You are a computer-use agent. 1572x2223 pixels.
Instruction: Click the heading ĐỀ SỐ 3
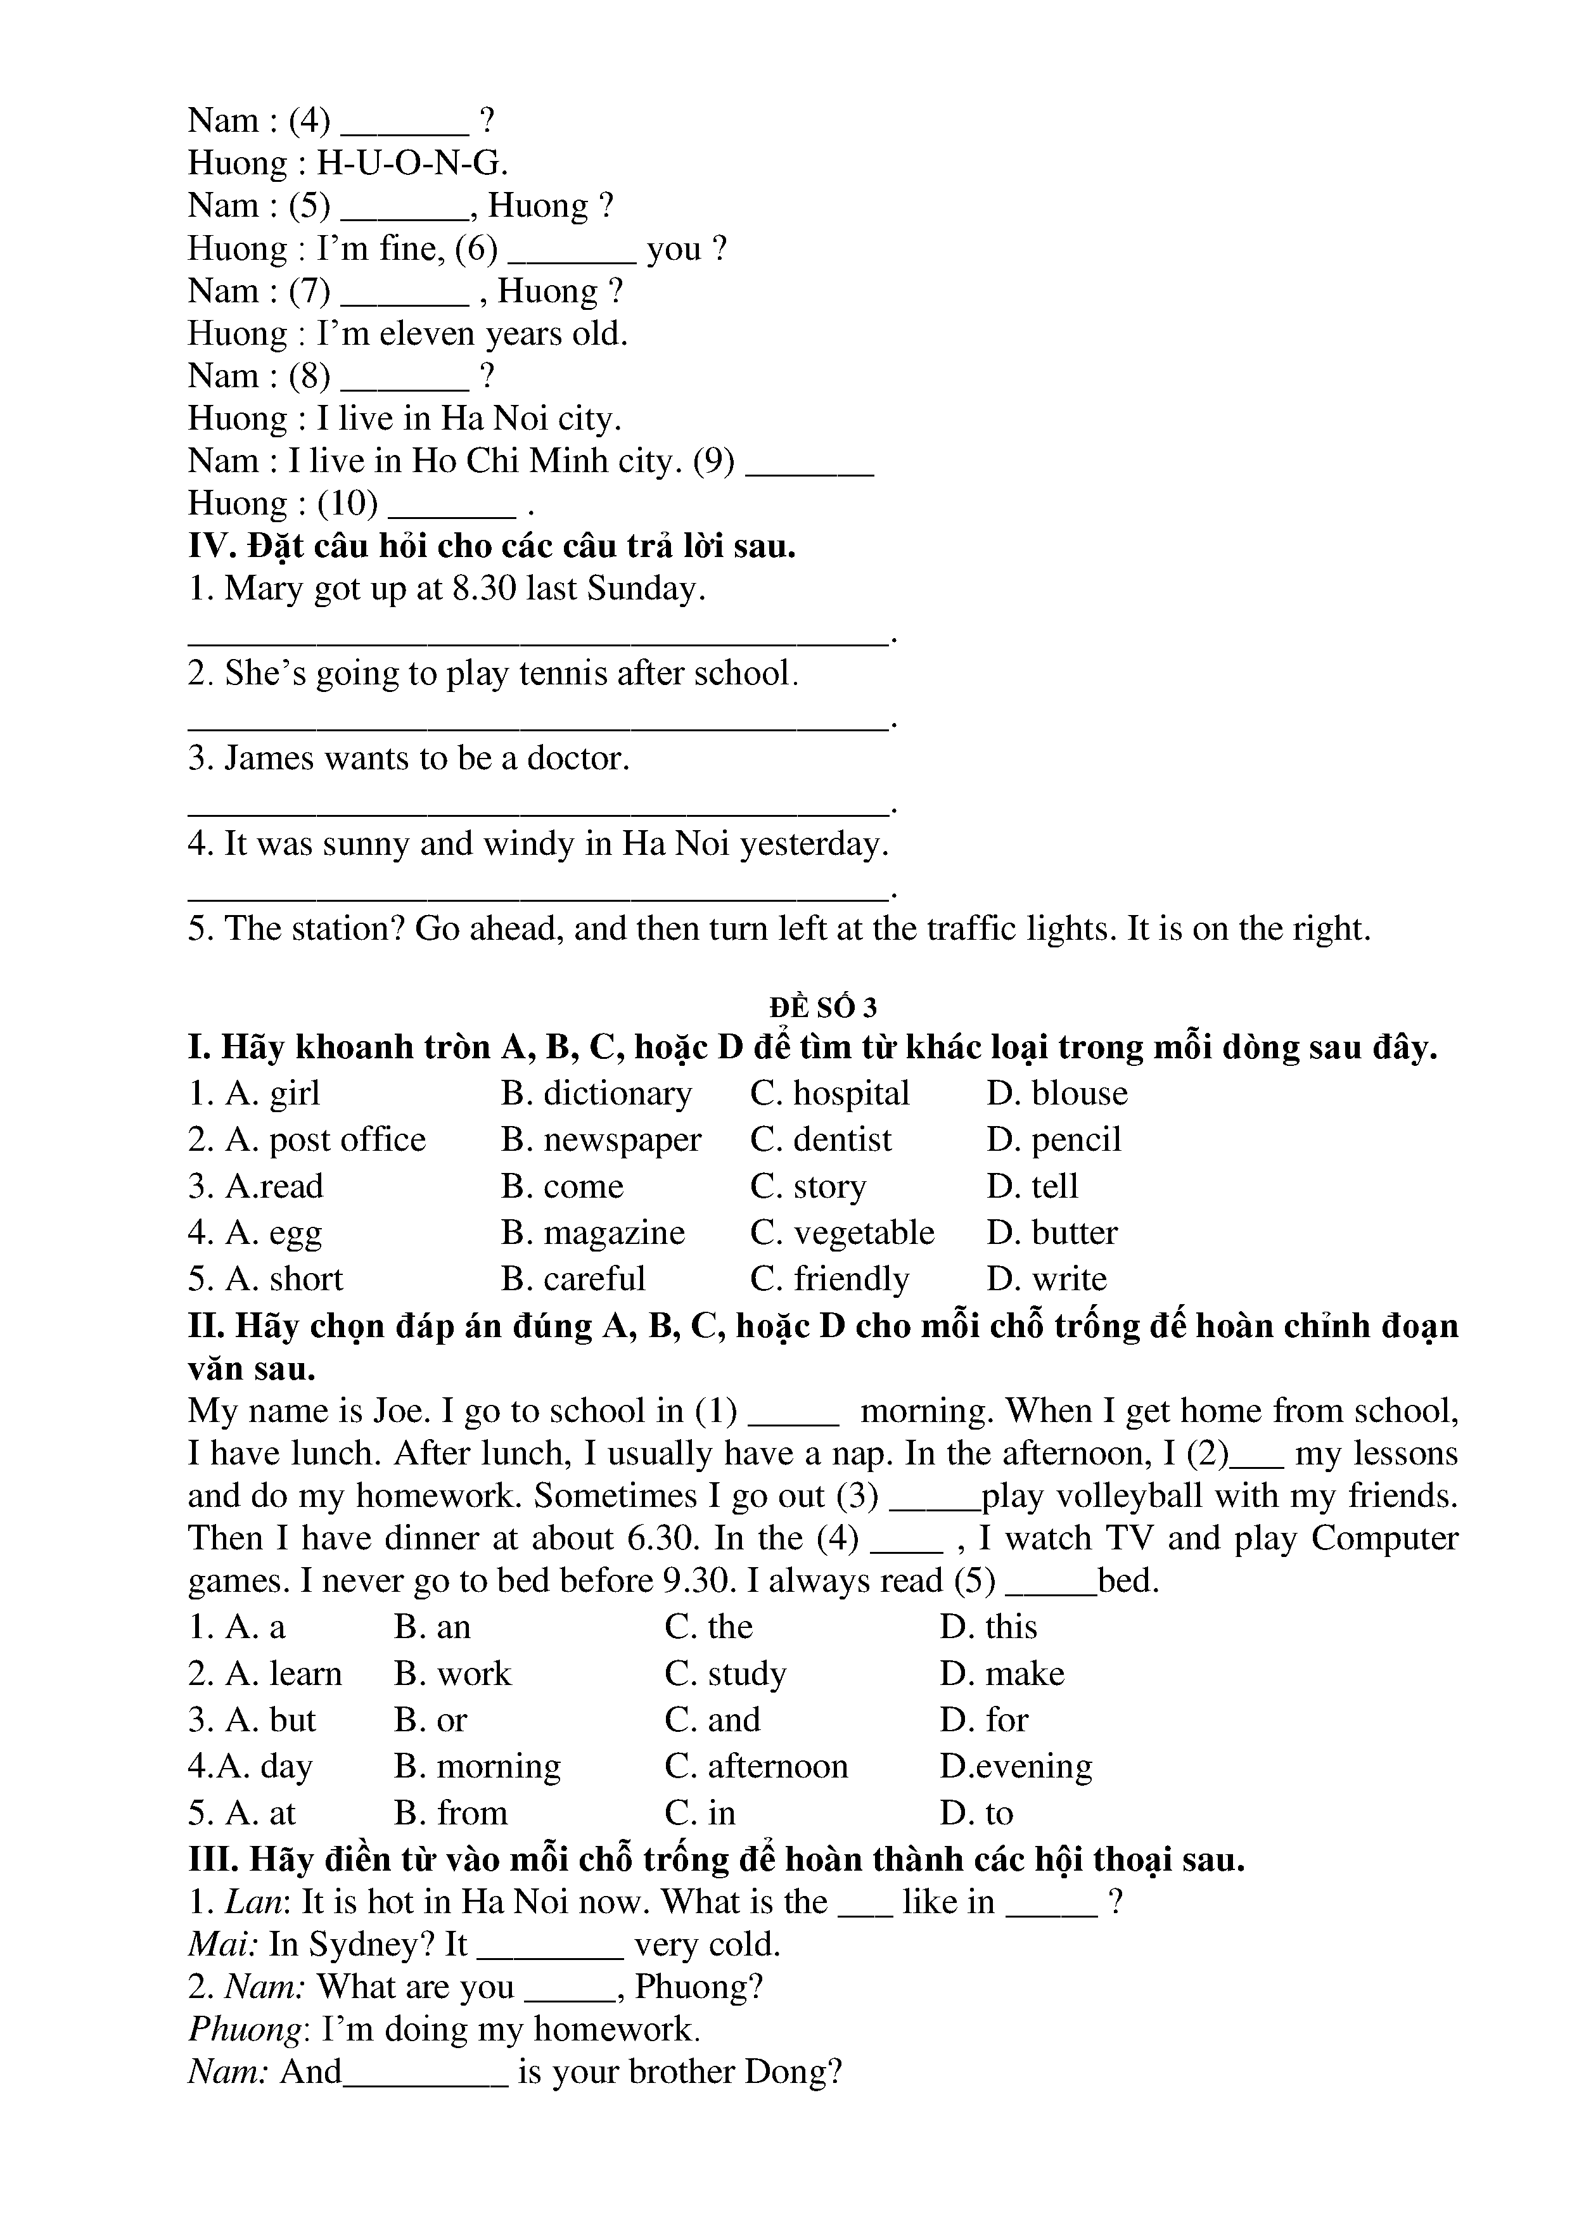point(823,1008)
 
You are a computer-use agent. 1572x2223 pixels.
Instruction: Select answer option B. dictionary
point(596,1093)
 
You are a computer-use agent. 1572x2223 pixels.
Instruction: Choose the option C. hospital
point(829,1093)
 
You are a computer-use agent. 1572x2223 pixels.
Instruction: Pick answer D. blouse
point(1057,1093)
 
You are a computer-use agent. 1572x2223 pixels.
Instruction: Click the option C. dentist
point(821,1139)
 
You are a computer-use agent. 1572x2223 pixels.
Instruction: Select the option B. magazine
point(592,1233)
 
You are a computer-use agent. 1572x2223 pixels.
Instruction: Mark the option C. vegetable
point(842,1233)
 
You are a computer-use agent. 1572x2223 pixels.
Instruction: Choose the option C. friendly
point(829,1279)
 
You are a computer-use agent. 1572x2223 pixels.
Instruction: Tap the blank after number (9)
point(811,463)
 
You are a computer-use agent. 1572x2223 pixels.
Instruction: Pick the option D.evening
point(1016,1766)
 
